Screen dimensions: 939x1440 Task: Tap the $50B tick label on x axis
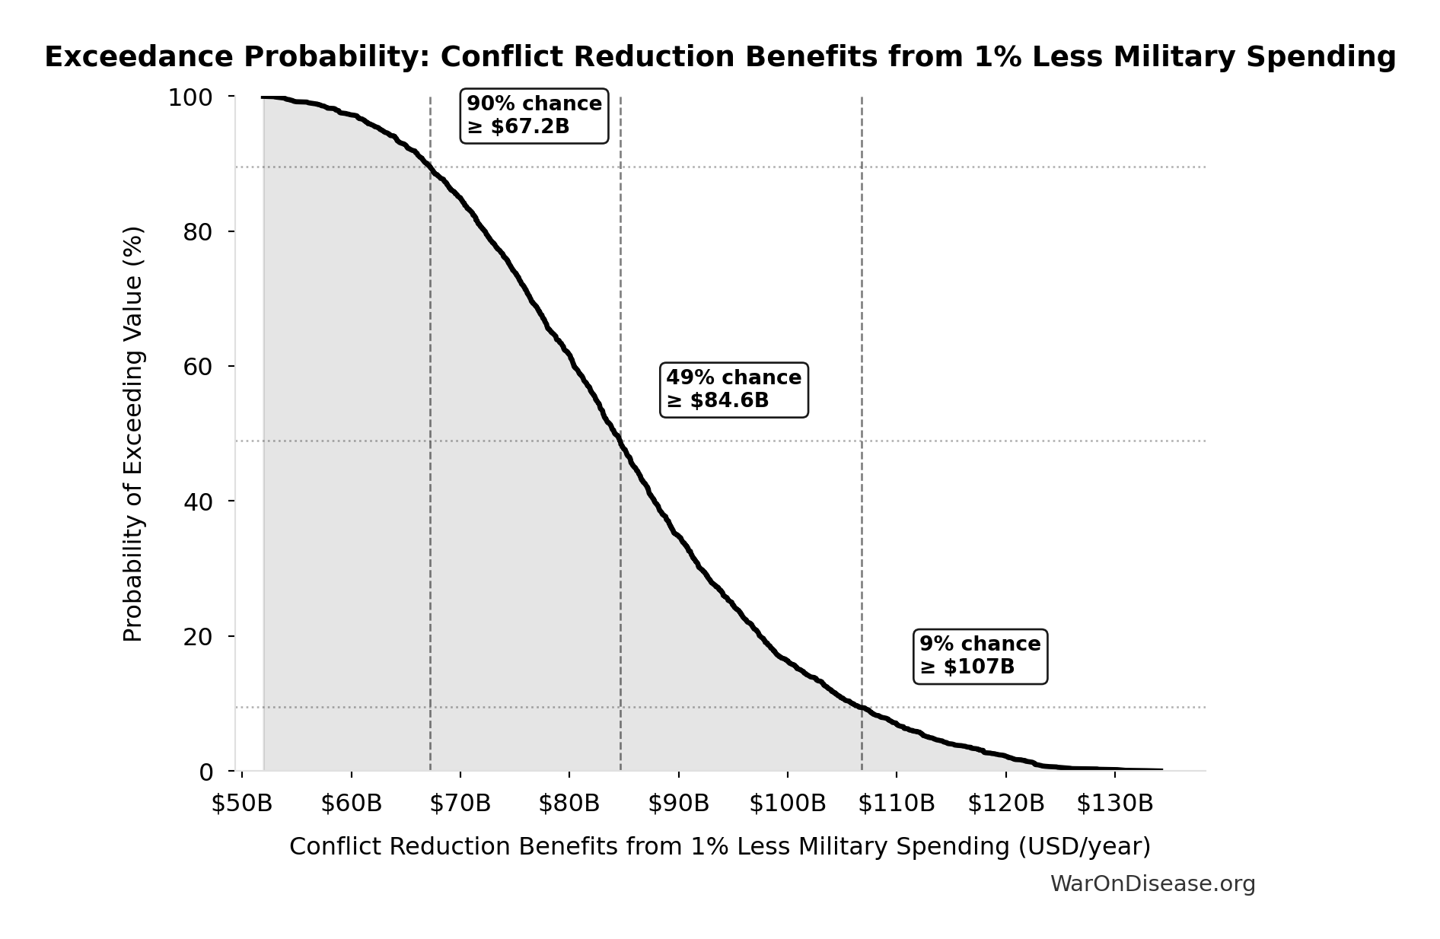pyautogui.click(x=242, y=804)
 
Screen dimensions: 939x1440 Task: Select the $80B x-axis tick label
pyautogui.click(x=569, y=804)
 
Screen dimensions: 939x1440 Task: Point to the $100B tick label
pyautogui.click(x=788, y=804)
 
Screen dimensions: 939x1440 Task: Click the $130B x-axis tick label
pyautogui.click(x=1115, y=804)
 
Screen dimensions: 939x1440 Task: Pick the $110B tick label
pyautogui.click(x=897, y=804)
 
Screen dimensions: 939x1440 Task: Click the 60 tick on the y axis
pyautogui.click(x=198, y=367)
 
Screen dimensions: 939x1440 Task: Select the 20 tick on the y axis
pyautogui.click(x=198, y=637)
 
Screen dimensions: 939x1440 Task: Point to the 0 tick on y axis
pyautogui.click(x=205, y=772)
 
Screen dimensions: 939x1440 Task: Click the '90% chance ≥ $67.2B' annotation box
pyautogui.click(x=534, y=116)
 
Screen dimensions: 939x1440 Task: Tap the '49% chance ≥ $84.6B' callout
pyautogui.click(x=734, y=390)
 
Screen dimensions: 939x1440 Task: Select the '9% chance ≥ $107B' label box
pyautogui.click(x=980, y=656)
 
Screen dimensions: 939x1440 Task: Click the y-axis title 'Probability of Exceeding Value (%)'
pyautogui.click(x=133, y=434)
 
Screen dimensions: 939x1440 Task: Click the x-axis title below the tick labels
pyautogui.click(x=720, y=847)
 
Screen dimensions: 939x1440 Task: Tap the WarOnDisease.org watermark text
pyautogui.click(x=1152, y=884)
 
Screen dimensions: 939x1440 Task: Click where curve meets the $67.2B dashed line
pyautogui.click(x=431, y=167)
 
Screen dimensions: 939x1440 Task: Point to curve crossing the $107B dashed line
pyautogui.click(x=862, y=708)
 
